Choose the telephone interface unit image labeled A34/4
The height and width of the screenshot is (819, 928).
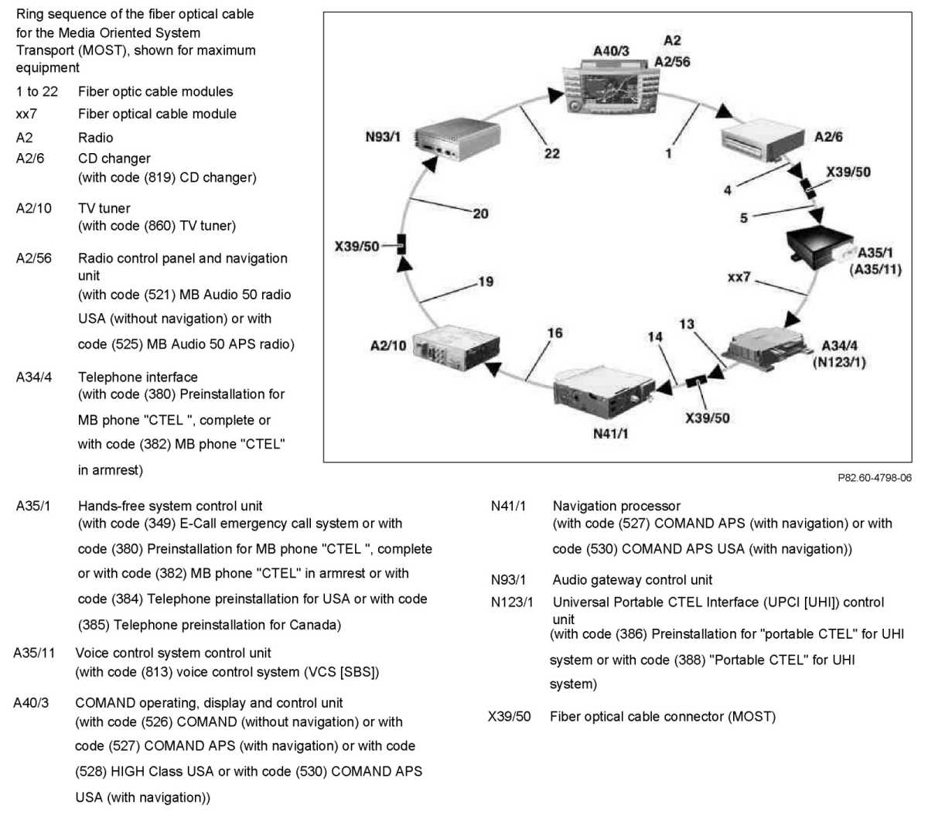point(767,350)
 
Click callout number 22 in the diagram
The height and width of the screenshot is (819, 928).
point(551,153)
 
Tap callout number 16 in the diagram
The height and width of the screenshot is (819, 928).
point(554,333)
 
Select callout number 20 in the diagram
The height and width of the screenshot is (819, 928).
point(480,213)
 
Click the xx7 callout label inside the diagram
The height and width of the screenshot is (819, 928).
point(739,276)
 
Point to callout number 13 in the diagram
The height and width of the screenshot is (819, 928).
point(687,324)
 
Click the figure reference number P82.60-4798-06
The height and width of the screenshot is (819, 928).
point(874,478)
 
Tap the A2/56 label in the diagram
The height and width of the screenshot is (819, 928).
point(672,62)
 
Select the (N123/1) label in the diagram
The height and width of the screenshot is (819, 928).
point(839,362)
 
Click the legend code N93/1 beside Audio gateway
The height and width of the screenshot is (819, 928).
point(508,580)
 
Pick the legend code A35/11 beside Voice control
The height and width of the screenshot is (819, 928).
point(34,653)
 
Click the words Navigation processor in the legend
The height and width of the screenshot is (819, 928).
point(616,506)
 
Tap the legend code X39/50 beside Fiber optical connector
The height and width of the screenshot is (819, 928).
point(509,716)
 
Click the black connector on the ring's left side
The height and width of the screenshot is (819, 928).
point(401,245)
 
